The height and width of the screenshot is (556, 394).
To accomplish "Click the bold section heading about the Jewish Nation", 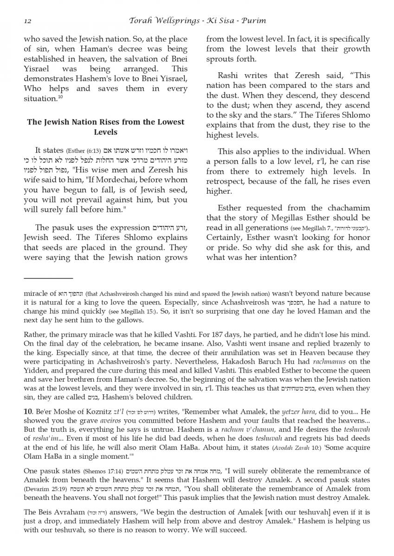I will [x=105, y=126].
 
